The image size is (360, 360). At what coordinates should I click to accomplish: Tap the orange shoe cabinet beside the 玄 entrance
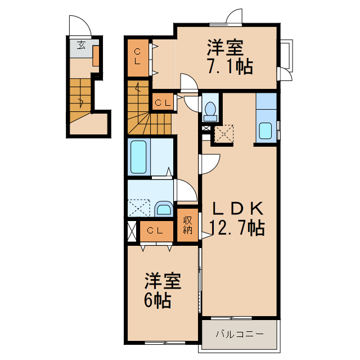pos(96,56)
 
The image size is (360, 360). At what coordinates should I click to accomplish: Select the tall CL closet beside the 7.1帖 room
pos(138,57)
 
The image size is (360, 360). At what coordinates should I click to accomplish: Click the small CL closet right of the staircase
pos(163,102)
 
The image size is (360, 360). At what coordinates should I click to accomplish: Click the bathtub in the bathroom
pos(139,157)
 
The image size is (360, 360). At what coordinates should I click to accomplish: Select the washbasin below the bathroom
pos(164,210)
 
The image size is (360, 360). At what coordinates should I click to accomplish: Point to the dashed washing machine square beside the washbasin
pos(138,209)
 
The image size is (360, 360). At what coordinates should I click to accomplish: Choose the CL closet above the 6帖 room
pos(155,230)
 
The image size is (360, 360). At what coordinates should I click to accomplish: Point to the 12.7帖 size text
pos(237,228)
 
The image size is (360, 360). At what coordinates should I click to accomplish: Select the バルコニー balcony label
pos(240,334)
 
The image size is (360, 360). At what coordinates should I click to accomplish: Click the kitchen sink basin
pos(265,132)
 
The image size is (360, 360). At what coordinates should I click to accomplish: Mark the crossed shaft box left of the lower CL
pos(132,231)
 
